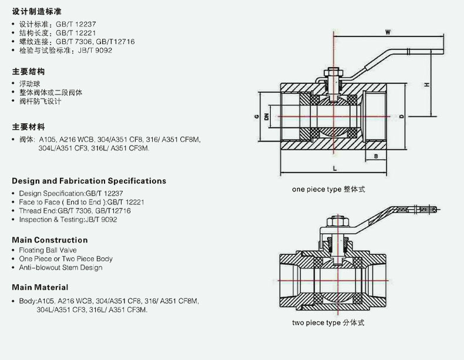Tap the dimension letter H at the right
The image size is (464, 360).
point(427,86)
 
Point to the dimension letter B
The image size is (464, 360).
point(375,156)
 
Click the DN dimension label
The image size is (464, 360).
point(267,116)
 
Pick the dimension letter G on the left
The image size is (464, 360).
point(257,116)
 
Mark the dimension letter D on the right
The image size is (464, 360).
point(401,116)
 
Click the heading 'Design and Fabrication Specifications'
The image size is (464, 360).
point(89,181)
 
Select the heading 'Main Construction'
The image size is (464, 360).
point(49,240)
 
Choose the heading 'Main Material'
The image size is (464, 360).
point(40,287)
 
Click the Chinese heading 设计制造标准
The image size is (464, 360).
point(36,12)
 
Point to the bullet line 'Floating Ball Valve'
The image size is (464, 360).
point(48,250)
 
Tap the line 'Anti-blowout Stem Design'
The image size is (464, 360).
point(60,267)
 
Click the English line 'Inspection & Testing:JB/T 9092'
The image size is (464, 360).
point(68,219)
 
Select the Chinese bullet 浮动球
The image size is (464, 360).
point(31,83)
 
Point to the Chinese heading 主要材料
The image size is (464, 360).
point(28,127)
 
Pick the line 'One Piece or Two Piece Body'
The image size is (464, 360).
point(66,258)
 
